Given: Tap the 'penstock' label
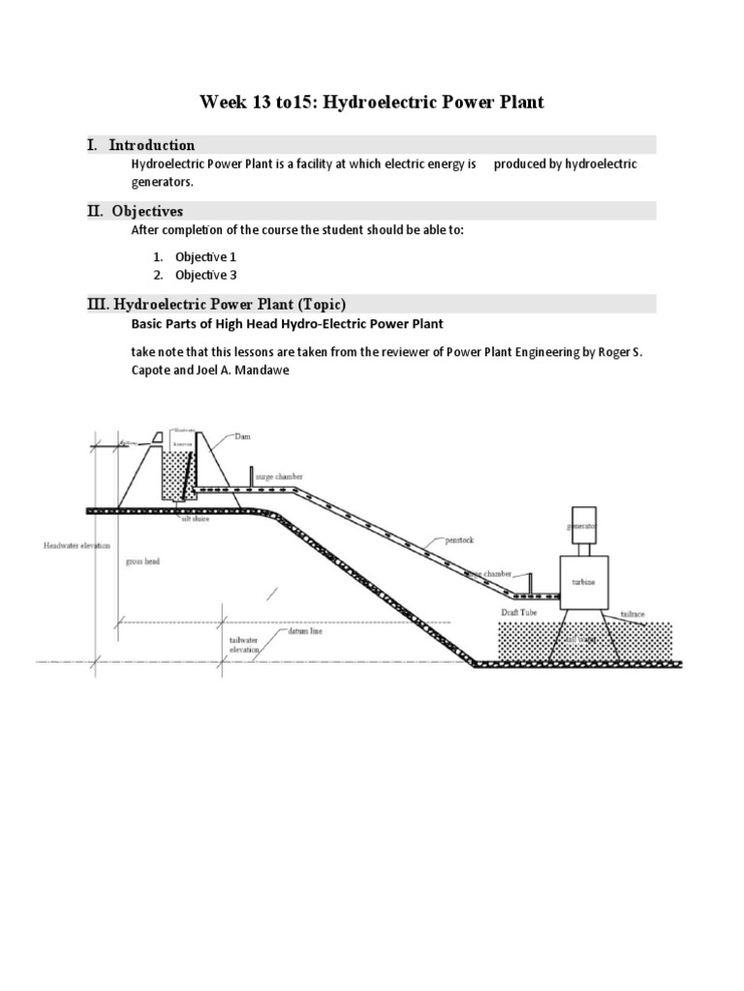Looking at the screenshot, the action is click(458, 540).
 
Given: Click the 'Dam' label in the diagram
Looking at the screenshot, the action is click(242, 436).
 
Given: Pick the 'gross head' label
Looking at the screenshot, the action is click(142, 560).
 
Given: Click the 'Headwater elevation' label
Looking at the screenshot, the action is click(72, 545).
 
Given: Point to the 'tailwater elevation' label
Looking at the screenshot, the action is click(244, 646).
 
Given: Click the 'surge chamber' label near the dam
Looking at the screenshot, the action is click(278, 477).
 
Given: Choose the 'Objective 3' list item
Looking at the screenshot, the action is click(205, 275).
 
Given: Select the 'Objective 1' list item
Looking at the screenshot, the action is click(205, 256).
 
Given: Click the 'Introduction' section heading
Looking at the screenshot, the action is click(152, 145).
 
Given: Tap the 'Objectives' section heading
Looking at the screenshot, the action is click(146, 211).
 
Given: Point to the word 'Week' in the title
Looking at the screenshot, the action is click(223, 102).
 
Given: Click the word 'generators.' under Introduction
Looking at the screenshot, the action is click(163, 181).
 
